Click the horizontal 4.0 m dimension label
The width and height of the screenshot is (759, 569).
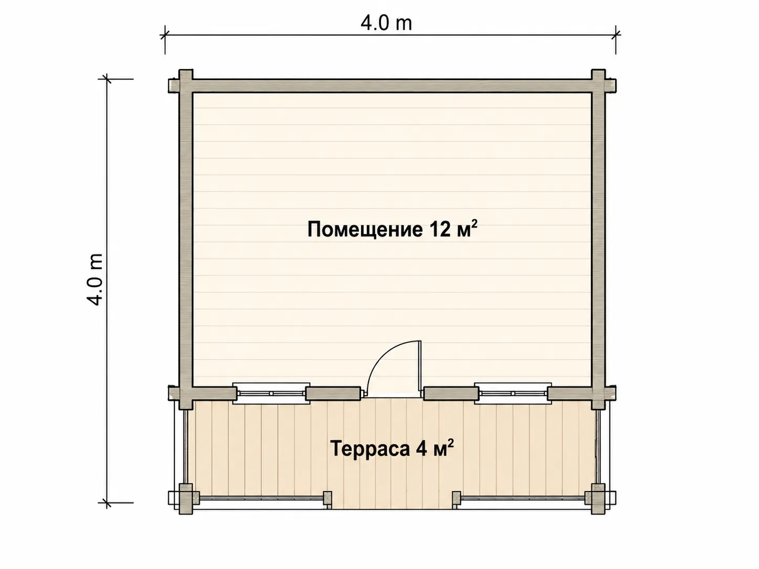click(x=386, y=23)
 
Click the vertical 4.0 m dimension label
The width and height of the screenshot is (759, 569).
click(x=95, y=279)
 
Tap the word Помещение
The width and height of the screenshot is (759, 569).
click(x=365, y=229)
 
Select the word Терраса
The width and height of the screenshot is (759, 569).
click(x=370, y=449)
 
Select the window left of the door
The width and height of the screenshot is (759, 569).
click(x=271, y=393)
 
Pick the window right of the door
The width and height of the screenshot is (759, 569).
click(x=513, y=393)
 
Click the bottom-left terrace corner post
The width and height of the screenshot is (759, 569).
click(x=186, y=499)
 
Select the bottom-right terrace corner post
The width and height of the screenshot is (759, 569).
click(x=598, y=499)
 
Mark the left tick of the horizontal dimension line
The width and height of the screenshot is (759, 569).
click(x=165, y=35)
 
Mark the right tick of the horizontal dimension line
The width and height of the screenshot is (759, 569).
click(x=615, y=35)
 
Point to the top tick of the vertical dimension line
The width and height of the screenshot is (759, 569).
click(x=107, y=79)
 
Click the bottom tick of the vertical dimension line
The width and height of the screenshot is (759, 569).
click(x=107, y=502)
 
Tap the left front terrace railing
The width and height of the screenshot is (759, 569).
click(x=262, y=498)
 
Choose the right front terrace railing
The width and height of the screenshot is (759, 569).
click(x=522, y=498)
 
